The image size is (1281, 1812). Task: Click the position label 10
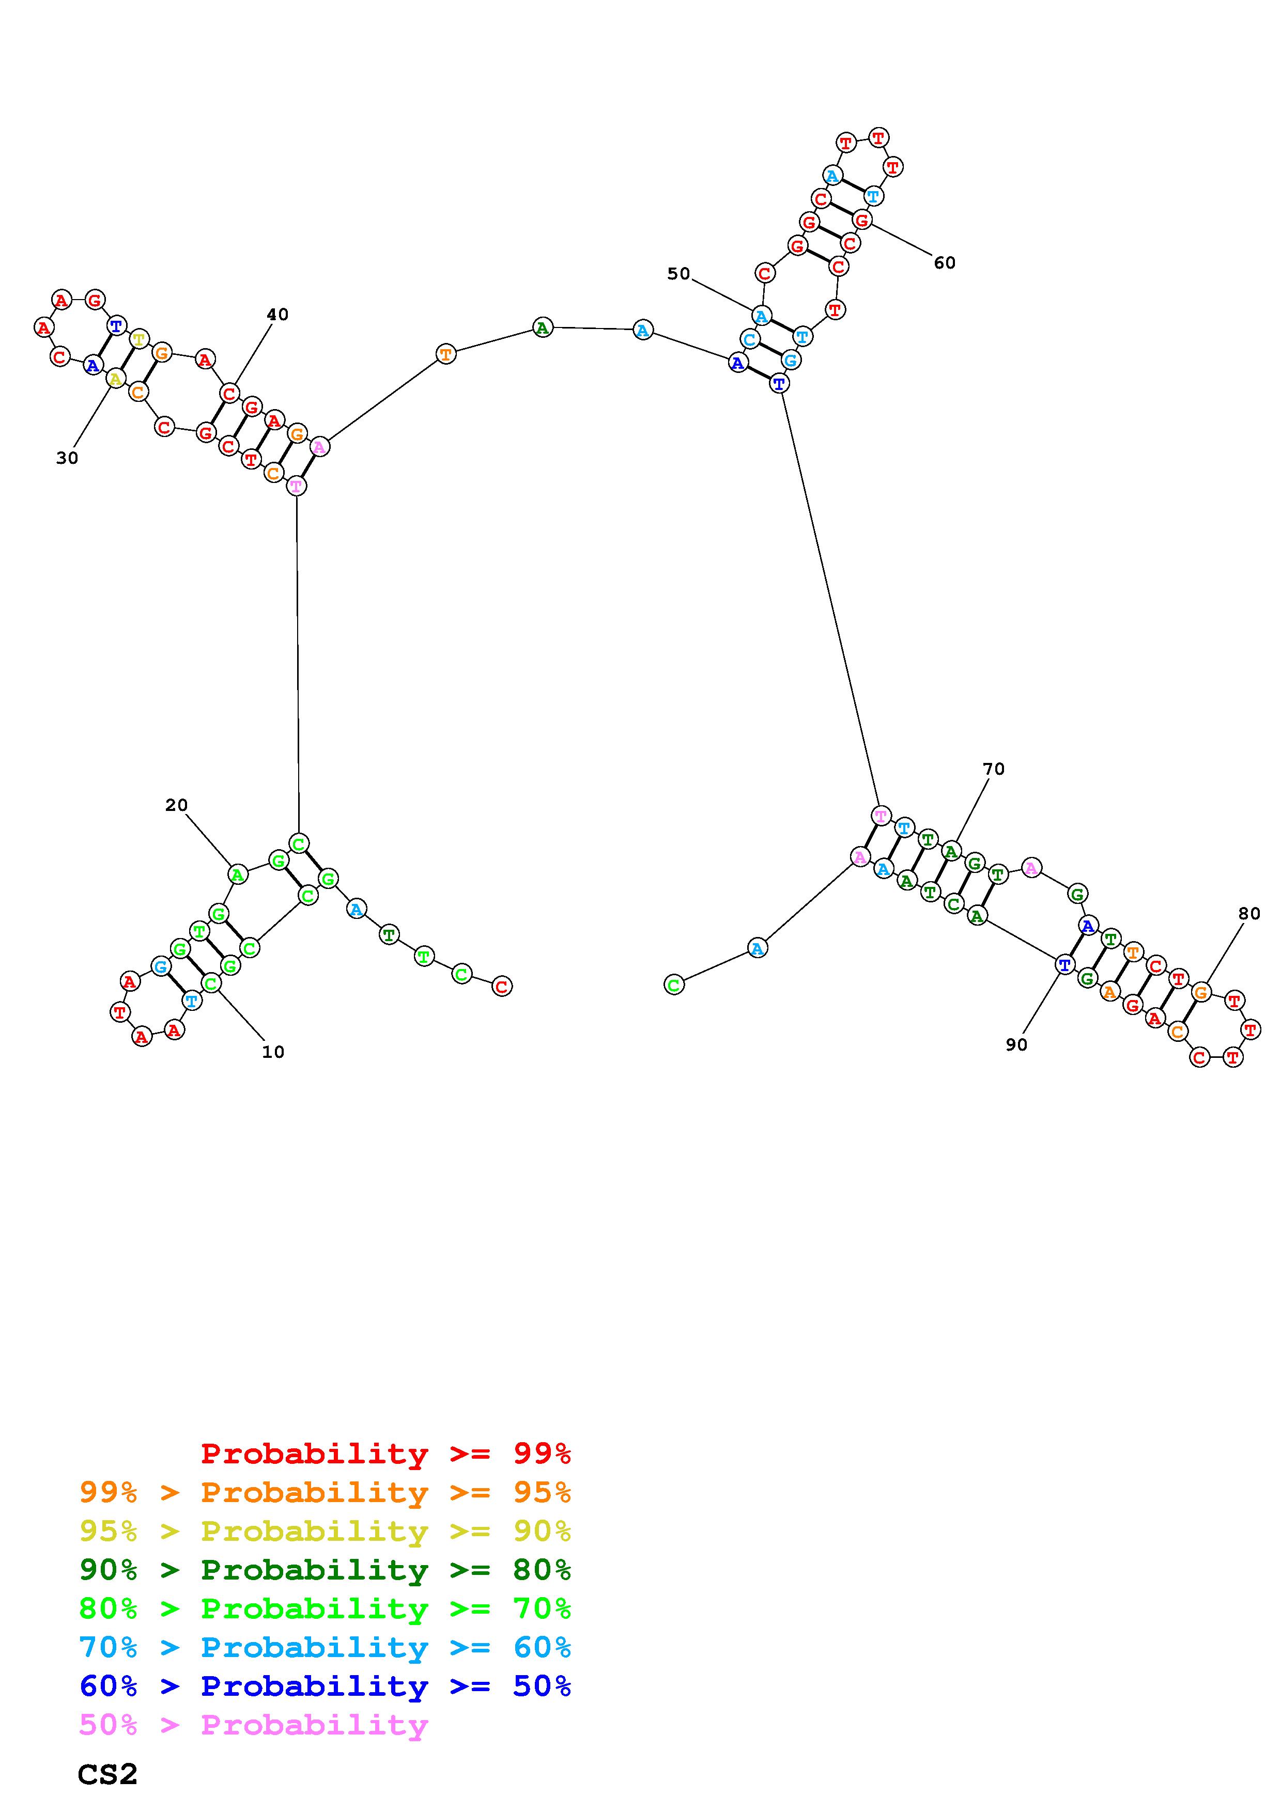coord(273,1052)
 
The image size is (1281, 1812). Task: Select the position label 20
coord(176,805)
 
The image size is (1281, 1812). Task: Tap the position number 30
coord(67,458)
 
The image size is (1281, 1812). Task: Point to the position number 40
coord(277,314)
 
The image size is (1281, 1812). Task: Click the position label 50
coord(678,274)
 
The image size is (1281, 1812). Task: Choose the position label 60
coord(944,263)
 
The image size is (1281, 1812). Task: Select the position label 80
coord(1248,914)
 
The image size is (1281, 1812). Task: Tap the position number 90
coord(1016,1045)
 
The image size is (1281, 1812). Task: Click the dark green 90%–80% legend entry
coord(325,1570)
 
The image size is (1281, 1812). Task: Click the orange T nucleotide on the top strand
coord(446,354)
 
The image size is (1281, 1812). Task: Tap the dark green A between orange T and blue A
coord(542,327)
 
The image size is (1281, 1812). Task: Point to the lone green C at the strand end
coord(673,985)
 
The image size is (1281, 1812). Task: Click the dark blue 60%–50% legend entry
coord(325,1686)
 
